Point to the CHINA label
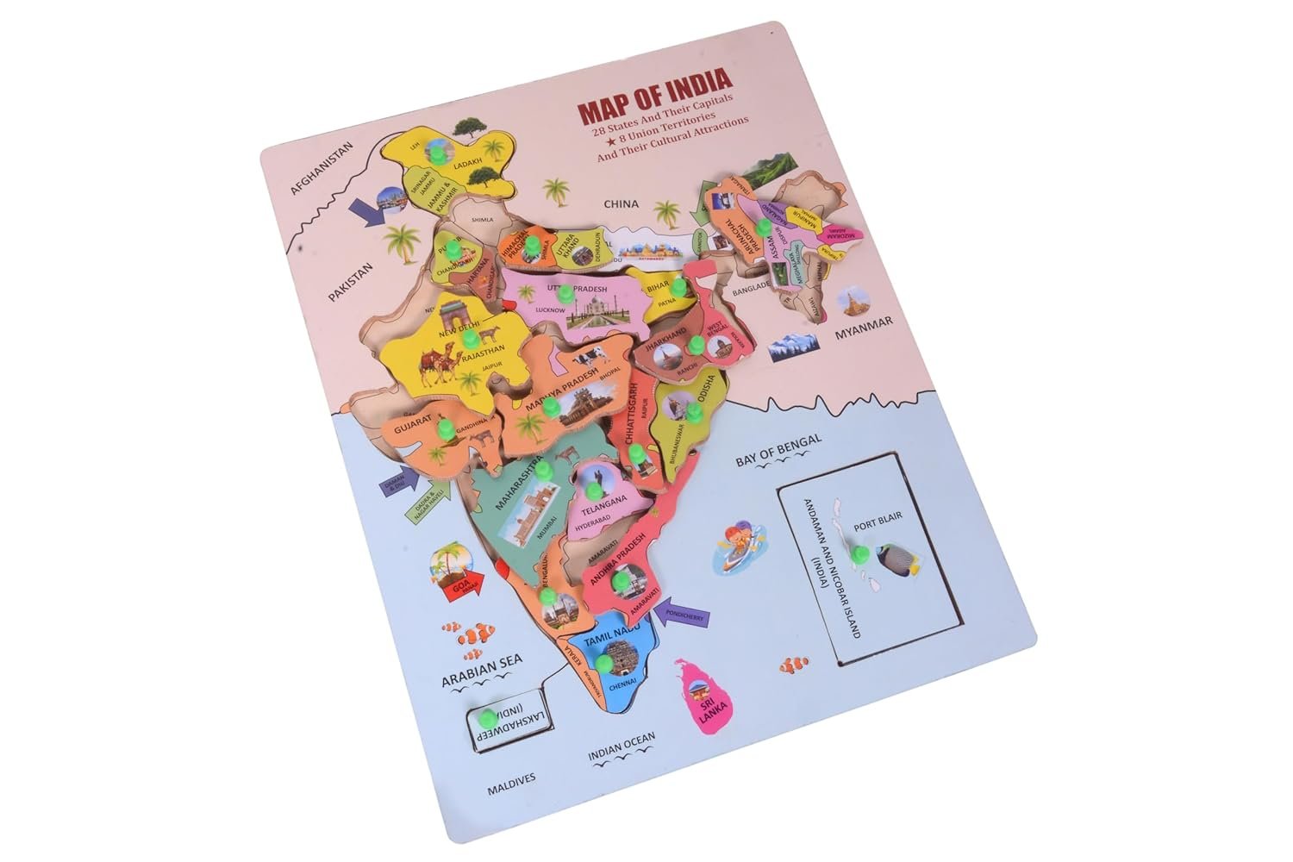(x=621, y=204)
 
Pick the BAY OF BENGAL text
(x=778, y=450)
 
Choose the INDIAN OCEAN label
(x=622, y=747)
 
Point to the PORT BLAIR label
(x=877, y=525)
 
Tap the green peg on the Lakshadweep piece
(x=488, y=716)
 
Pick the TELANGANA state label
(x=603, y=501)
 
